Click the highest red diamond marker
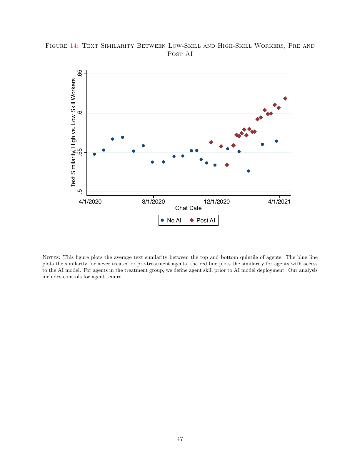pos(285,99)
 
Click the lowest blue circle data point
pos(249,171)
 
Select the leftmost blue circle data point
pos(94,154)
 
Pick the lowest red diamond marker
pos(227,165)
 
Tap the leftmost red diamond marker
pos(211,142)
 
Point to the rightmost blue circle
pos(276,141)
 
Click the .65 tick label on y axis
pos(80,74)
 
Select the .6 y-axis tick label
pos(80,113)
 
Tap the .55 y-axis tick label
pos(80,152)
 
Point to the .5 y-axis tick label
pos(80,192)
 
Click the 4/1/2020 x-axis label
pos(90,202)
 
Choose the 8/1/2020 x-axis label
pos(153,202)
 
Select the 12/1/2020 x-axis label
pos(216,202)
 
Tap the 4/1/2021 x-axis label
pos(279,202)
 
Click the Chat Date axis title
pos(188,208)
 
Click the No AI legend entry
pos(171,220)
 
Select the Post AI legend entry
pos(202,220)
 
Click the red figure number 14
pos(73,46)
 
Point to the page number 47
pos(180,439)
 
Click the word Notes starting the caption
pos(51,257)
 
